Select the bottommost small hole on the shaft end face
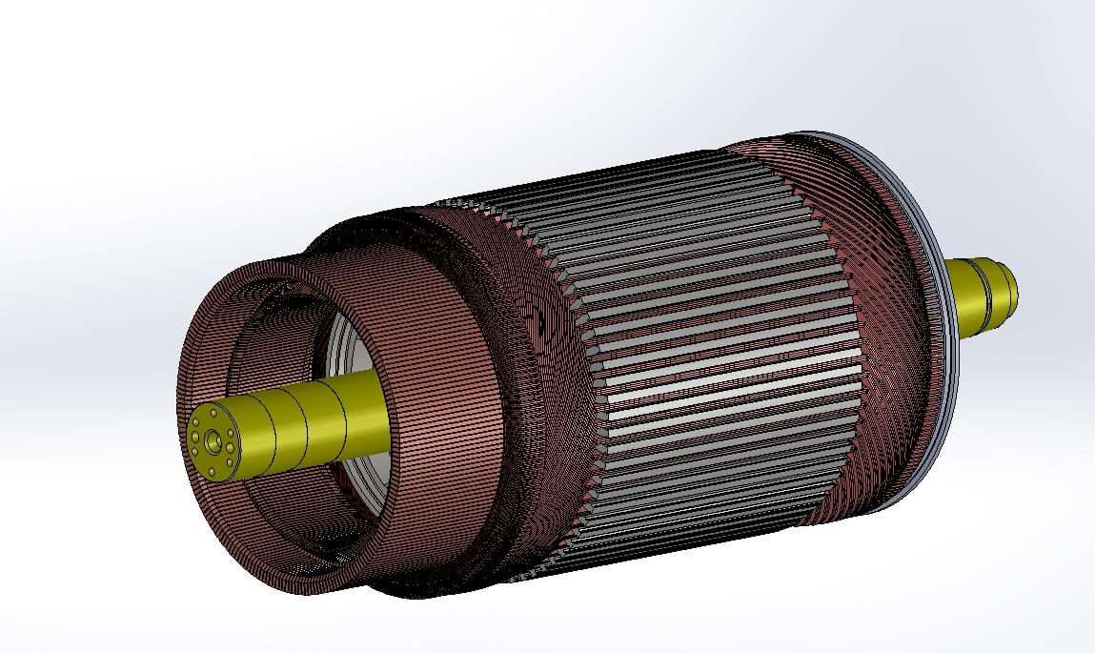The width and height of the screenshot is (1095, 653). (x=209, y=469)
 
